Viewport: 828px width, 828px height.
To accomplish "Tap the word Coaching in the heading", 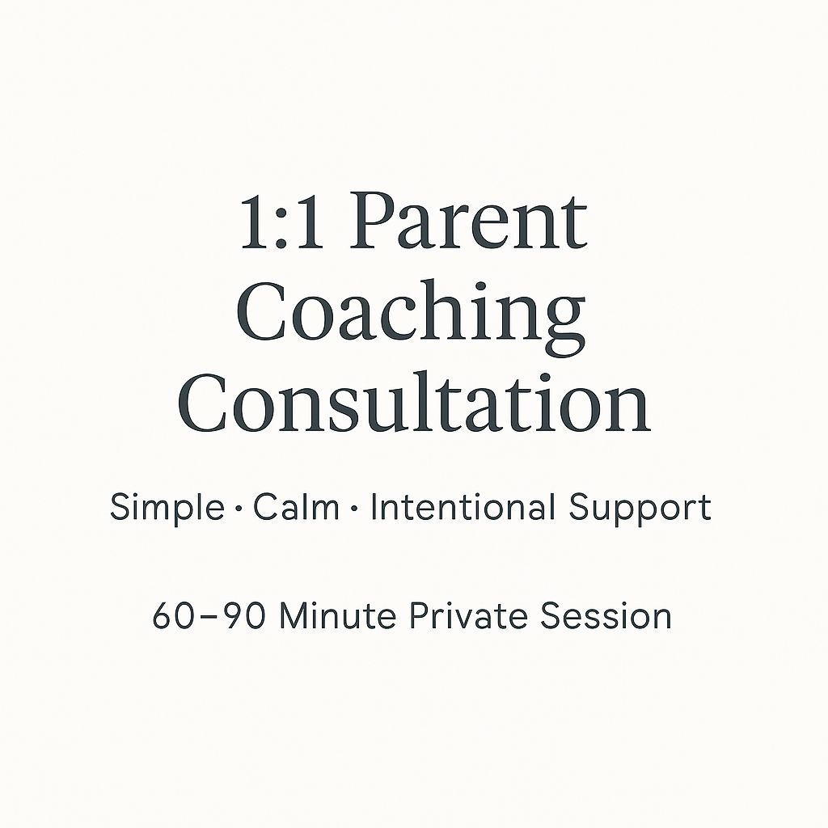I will pyautogui.click(x=412, y=317).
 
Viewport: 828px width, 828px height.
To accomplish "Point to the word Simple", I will pyautogui.click(x=167, y=509).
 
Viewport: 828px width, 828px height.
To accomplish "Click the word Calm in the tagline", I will pyautogui.click(x=296, y=508).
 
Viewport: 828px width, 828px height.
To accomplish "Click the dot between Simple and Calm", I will pyautogui.click(x=239, y=510).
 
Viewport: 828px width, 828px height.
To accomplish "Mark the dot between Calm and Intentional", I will pyautogui.click(x=354, y=510).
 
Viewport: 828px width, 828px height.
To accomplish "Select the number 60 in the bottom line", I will pyautogui.click(x=170, y=616).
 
